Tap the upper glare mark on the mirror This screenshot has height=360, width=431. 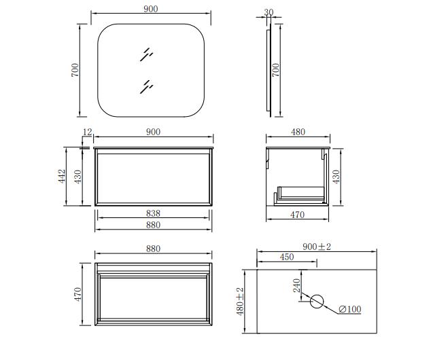point(146,54)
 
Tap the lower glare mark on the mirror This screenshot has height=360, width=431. point(146,87)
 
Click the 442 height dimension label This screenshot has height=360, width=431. point(62,177)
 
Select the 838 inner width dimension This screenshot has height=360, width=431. point(153,213)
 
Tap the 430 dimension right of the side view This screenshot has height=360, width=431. point(337,177)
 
